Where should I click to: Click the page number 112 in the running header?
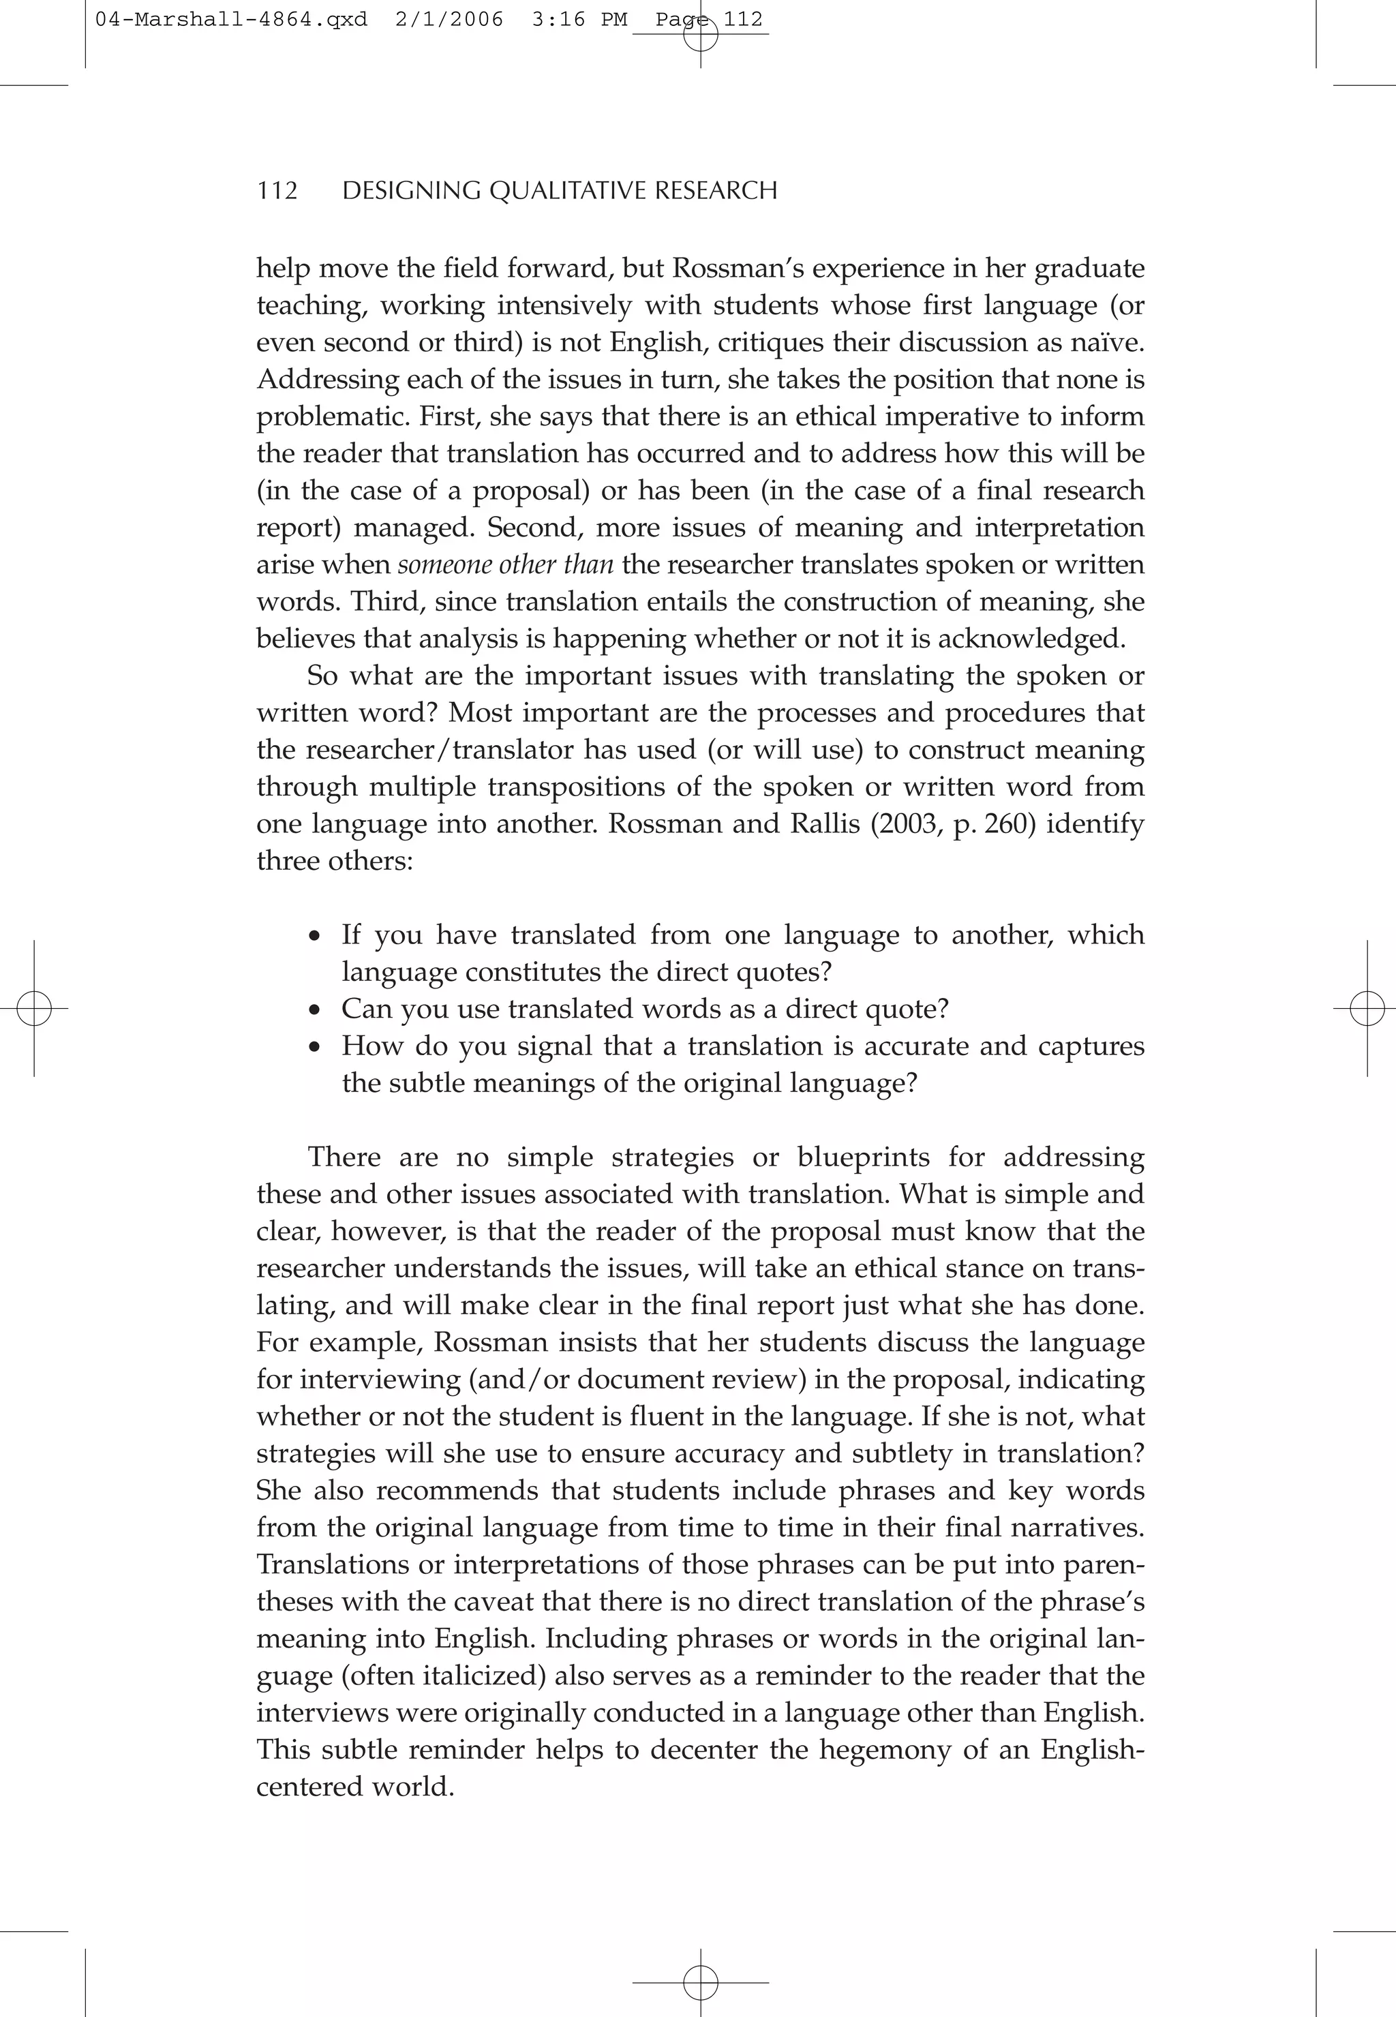tap(277, 191)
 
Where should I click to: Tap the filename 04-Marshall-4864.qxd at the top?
tap(231, 19)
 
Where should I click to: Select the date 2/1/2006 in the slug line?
tap(449, 19)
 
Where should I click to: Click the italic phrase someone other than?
tap(506, 565)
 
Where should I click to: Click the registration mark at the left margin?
tap(34, 1009)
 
